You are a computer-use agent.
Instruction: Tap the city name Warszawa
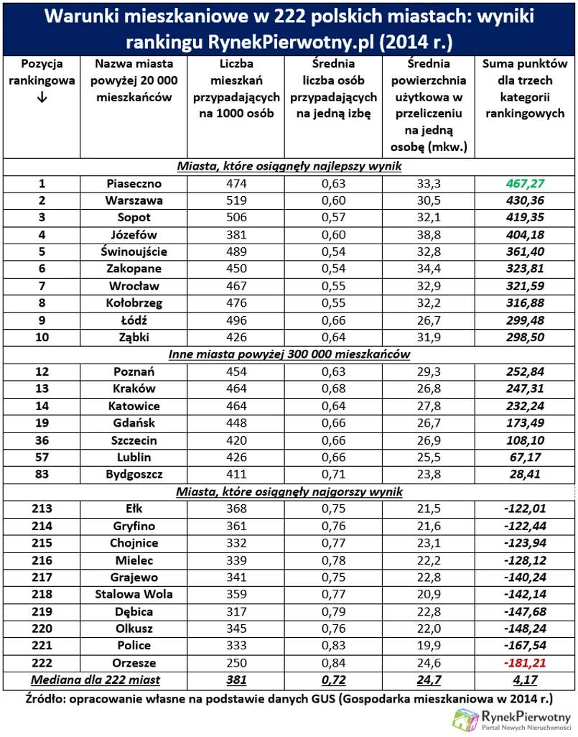(x=134, y=200)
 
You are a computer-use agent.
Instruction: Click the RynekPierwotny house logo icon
(x=466, y=716)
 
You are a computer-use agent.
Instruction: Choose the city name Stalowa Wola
(x=134, y=594)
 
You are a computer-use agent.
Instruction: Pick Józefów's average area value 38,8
(x=427, y=234)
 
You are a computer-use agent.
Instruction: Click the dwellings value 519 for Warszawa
(x=236, y=200)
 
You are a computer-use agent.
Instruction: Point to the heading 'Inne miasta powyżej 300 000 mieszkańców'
(x=289, y=355)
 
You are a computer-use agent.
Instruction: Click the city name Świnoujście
(x=134, y=251)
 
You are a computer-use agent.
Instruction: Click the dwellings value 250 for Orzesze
(x=236, y=663)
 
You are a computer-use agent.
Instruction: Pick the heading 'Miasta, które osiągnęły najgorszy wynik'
(x=289, y=491)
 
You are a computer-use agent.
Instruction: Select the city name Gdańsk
(x=134, y=422)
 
